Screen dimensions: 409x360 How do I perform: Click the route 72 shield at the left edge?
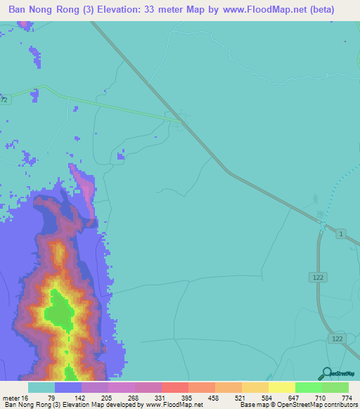4,100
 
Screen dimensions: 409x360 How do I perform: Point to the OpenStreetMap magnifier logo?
325,373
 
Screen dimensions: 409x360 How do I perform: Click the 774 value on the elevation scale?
345,398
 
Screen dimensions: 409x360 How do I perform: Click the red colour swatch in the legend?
174,387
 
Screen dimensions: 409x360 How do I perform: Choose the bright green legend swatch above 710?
308,387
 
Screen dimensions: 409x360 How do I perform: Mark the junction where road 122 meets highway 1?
322,226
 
